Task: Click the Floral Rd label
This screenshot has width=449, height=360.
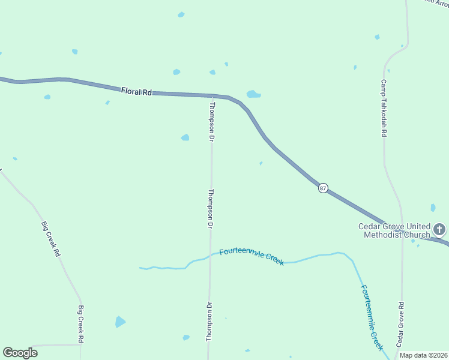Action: click(x=136, y=92)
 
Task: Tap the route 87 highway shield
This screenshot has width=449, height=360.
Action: click(x=323, y=188)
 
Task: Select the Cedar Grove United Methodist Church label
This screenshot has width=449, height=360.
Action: click(x=394, y=230)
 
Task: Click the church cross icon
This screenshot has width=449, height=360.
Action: click(x=439, y=229)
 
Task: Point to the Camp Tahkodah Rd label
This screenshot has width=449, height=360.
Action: click(x=383, y=108)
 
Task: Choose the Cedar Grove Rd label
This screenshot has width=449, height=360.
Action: click(x=401, y=323)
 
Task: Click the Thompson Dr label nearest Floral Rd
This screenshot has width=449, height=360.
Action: click(x=211, y=121)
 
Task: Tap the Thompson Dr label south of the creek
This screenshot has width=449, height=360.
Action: click(x=209, y=322)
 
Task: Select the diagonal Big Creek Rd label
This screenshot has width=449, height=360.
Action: click(x=50, y=239)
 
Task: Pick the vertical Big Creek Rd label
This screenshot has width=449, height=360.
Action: click(x=80, y=324)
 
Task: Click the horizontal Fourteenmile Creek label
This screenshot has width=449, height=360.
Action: click(x=252, y=256)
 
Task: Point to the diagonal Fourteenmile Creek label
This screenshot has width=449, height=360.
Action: click(x=372, y=317)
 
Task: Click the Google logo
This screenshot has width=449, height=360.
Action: click(x=20, y=353)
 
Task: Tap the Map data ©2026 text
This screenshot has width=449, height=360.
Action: click(x=423, y=355)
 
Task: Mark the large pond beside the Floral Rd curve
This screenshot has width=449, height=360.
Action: click(x=253, y=94)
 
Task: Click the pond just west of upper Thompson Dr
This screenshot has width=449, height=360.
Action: click(x=185, y=137)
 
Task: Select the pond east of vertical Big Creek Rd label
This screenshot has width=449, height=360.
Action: click(x=120, y=322)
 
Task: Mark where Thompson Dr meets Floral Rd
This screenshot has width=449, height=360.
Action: click(x=212, y=96)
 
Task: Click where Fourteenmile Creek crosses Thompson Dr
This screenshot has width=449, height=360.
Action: click(x=210, y=256)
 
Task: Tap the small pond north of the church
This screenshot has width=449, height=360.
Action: click(x=433, y=208)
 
